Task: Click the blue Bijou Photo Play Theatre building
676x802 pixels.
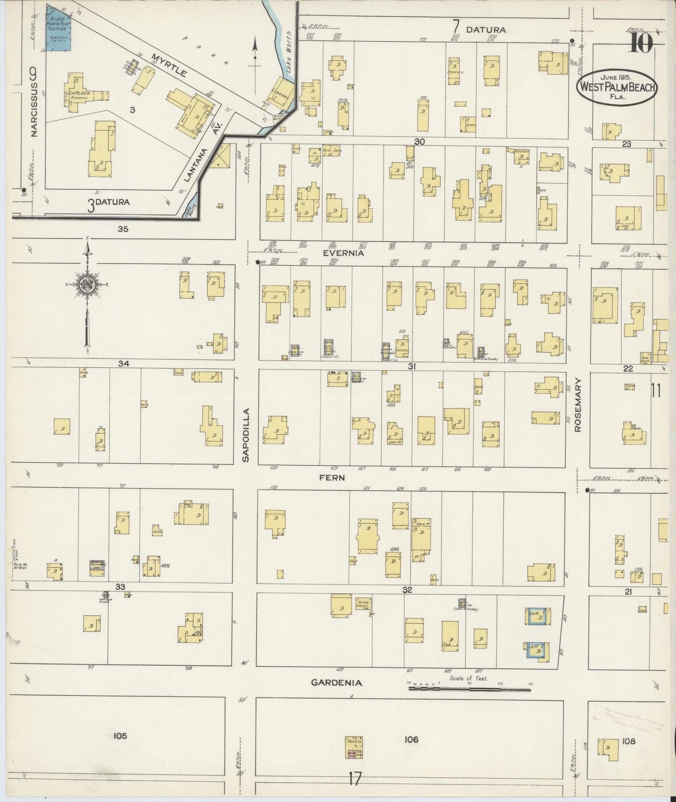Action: coord(58,29)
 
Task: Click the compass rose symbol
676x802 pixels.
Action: coord(87,286)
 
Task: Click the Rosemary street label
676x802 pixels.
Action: coord(577,405)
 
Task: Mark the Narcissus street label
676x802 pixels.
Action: coord(33,103)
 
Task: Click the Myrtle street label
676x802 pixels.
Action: coord(169,65)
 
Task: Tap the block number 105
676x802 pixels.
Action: coord(120,736)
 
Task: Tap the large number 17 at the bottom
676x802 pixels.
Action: coord(355,780)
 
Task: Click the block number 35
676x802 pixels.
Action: coord(123,229)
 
